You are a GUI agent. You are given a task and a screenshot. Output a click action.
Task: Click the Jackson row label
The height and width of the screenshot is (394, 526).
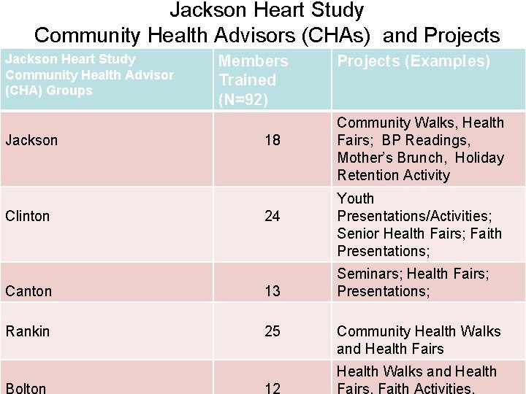tap(31, 139)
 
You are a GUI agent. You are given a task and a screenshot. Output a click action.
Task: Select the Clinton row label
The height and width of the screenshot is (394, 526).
tap(28, 216)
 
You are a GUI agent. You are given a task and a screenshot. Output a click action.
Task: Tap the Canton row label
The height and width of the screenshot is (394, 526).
tap(28, 291)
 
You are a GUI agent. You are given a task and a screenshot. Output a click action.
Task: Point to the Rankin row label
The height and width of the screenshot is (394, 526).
tap(28, 331)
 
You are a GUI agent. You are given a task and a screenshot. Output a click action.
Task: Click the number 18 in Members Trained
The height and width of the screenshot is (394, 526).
tap(272, 139)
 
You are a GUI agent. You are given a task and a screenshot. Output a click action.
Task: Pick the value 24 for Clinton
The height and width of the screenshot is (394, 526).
tap(272, 216)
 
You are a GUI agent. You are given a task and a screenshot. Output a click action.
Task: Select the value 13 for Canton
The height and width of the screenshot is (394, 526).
tap(272, 291)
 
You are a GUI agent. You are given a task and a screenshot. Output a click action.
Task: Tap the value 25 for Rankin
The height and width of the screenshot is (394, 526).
tap(272, 331)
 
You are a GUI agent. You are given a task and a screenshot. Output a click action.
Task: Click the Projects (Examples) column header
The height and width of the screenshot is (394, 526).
tap(413, 61)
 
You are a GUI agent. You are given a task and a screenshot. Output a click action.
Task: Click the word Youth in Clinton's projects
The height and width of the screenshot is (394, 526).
tap(356, 198)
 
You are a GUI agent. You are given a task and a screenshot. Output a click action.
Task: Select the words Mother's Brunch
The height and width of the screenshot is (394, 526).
tap(390, 158)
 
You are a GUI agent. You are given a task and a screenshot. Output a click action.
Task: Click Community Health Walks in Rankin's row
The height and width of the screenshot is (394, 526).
tap(419, 331)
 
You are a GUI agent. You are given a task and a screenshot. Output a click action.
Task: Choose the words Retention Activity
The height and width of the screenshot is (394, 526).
tap(394, 175)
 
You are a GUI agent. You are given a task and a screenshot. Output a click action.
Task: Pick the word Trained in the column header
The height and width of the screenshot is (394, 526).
tap(248, 80)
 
